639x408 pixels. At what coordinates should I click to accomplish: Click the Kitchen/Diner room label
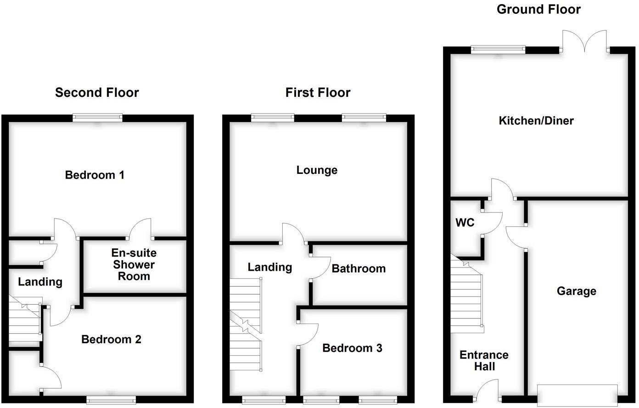coord(536,121)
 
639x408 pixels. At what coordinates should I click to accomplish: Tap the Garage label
coord(576,291)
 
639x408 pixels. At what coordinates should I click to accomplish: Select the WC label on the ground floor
coord(465,223)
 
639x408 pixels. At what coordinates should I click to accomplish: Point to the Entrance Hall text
coord(484,360)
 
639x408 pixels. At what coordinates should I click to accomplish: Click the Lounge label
coord(317,170)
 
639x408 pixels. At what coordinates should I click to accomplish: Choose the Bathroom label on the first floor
coord(359,268)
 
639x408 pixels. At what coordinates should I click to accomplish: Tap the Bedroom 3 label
coord(352,348)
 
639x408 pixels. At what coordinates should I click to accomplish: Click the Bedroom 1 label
coord(95,175)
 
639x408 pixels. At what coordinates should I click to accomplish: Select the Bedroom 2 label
coord(111,339)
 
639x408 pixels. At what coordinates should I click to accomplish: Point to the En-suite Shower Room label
coord(134,264)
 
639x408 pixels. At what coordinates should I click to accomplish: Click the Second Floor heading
coord(97,93)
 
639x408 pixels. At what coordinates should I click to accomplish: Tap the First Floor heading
coord(318,93)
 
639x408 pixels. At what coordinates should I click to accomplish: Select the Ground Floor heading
coord(538,9)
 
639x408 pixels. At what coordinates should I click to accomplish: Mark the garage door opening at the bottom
coord(577,393)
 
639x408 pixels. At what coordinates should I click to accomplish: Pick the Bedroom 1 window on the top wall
coord(98,118)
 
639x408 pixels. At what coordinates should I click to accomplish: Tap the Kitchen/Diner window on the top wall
coord(498,50)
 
